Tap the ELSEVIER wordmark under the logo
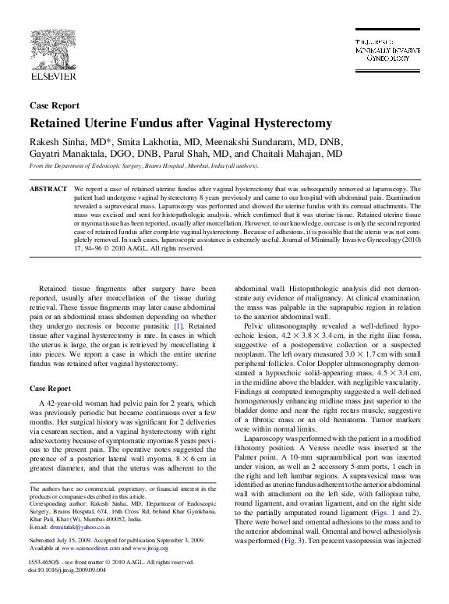(x=51, y=76)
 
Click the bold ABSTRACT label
(x=48, y=190)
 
